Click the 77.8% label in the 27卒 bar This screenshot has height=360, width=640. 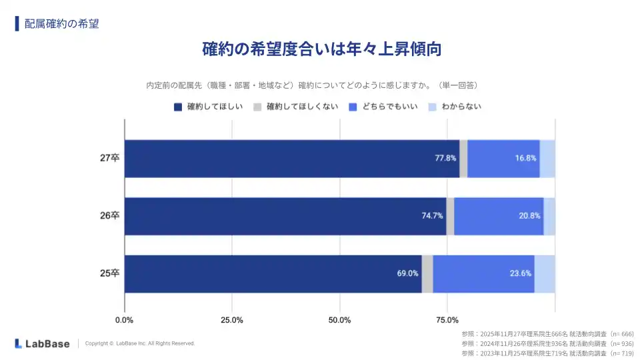[445, 159]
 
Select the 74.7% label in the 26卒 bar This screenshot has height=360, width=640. [433, 216]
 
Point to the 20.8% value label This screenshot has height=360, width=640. [530, 216]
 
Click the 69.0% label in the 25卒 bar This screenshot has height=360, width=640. [408, 273]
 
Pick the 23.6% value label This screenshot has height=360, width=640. [521, 273]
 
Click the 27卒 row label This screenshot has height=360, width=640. [109, 159]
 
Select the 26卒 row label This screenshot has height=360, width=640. [109, 216]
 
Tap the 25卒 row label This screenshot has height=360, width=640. [109, 273]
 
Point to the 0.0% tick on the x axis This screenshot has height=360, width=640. [125, 319]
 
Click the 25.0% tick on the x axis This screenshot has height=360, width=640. [232, 319]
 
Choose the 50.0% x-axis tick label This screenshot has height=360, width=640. [340, 319]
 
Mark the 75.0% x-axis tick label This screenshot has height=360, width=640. [447, 319]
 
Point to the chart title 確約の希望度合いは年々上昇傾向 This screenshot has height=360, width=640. [322, 49]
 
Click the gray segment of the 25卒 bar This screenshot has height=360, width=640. [427, 273]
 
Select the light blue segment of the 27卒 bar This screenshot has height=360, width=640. [547, 159]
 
